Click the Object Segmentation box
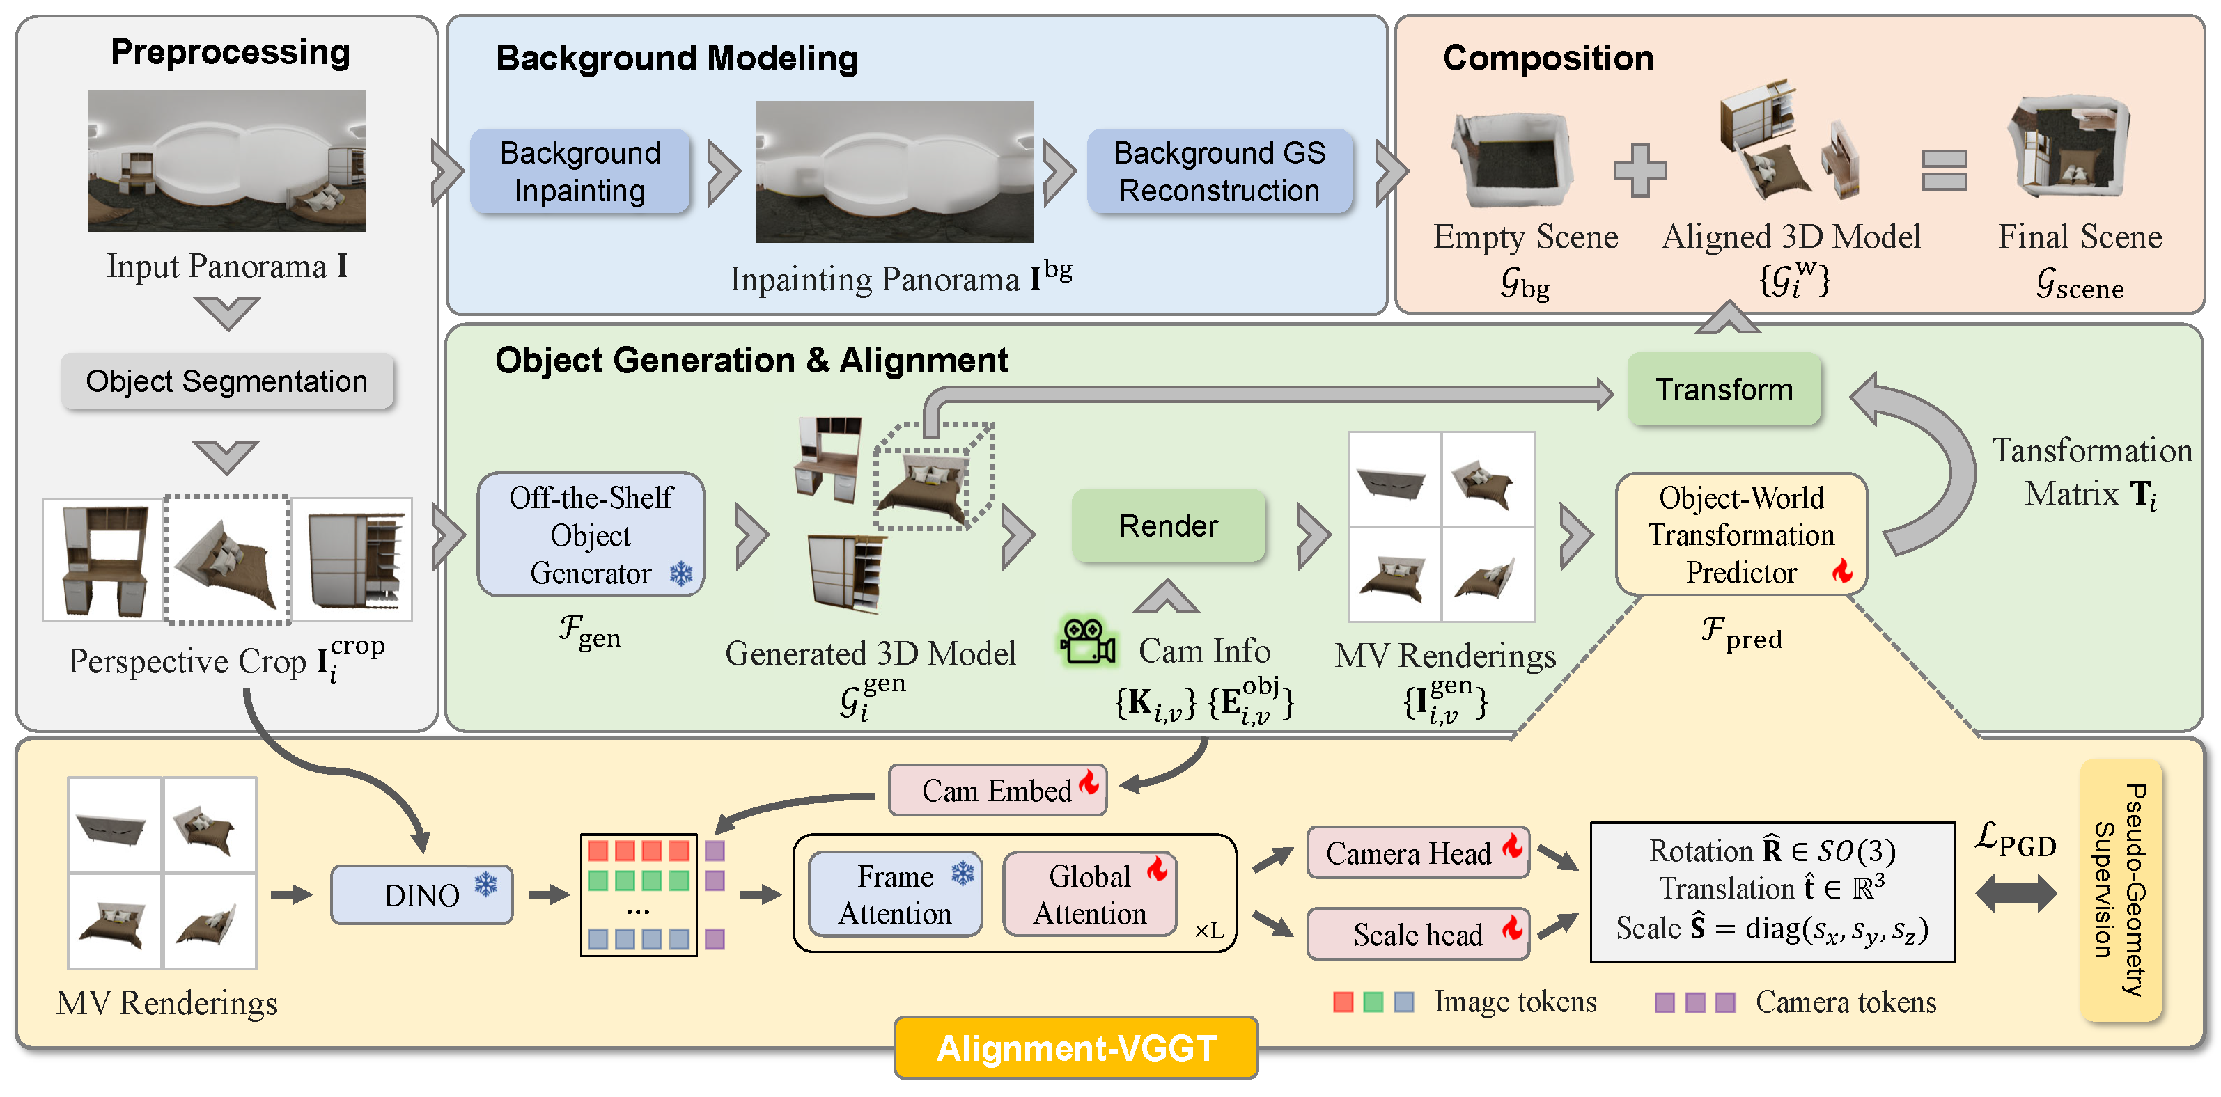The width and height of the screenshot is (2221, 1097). [227, 381]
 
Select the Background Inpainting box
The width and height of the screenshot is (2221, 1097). [580, 171]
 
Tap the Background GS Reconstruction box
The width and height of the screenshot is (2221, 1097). [1219, 171]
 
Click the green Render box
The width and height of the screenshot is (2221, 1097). [1168, 526]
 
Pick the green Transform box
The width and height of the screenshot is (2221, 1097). [1724, 390]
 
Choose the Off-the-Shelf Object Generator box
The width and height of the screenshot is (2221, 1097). [591, 535]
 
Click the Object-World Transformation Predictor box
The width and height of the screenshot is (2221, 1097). [1740, 535]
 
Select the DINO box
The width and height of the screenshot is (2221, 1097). [421, 895]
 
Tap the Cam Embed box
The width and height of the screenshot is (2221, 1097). [997, 790]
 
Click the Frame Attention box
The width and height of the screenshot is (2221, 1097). [895, 894]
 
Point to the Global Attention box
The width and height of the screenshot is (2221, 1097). [1090, 894]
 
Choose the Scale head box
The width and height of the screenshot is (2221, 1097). [1417, 934]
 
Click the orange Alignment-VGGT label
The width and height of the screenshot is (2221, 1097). [1076, 1048]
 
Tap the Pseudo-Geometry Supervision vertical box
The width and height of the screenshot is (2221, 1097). [2120, 890]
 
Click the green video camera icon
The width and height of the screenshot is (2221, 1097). [1088, 642]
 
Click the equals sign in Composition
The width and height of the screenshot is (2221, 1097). [1945, 170]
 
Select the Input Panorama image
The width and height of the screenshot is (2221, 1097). [227, 161]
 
